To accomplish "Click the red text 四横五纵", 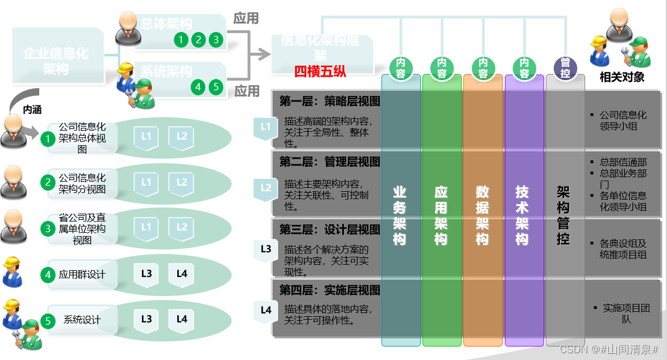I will [320, 71].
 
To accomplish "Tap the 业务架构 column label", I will [399, 215].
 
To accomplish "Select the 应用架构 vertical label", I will [441, 215].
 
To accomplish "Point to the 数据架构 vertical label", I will [482, 215].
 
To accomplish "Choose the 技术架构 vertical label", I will [522, 215].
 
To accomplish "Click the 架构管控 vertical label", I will [563, 215].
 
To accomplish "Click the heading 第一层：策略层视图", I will [330, 101].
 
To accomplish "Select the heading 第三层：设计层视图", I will [330, 229].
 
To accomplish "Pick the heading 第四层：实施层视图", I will [330, 290].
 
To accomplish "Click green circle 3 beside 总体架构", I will [216, 40].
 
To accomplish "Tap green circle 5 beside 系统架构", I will [216, 87].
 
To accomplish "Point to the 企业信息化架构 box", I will [56, 61].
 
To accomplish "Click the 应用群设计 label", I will [82, 275].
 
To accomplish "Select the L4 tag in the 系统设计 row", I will [182, 320].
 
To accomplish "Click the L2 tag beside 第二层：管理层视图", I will [266, 188].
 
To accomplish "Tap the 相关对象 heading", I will [622, 77].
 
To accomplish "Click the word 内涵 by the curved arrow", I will [32, 110].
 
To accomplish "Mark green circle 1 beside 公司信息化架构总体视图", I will [49, 137].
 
